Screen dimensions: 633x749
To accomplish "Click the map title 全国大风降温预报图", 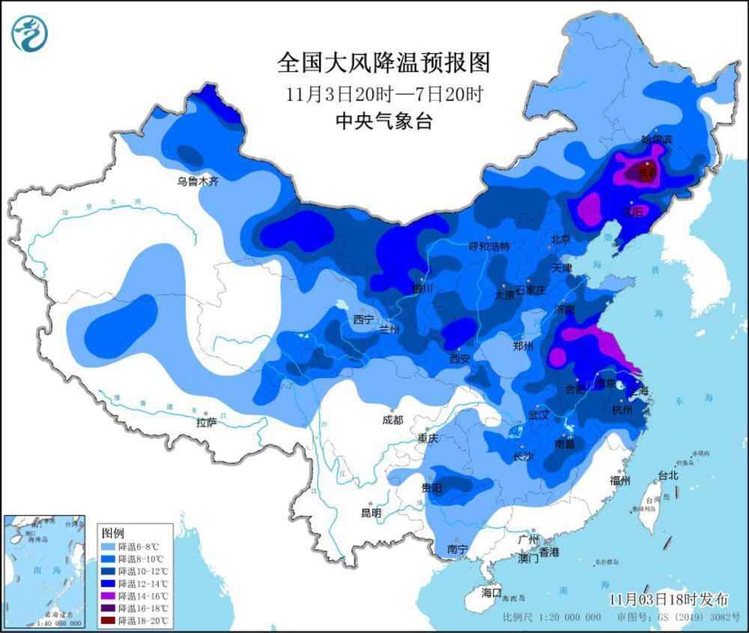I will pos(383,63).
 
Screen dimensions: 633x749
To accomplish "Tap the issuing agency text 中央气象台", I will pos(383,121).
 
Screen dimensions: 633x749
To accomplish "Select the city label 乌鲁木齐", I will pos(198,181).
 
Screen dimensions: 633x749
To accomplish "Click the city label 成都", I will pos(392,421).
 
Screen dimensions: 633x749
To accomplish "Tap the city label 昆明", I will pos(372,513).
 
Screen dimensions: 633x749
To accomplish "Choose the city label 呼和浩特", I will pos(488,246).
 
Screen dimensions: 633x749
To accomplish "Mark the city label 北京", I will pos(560,239).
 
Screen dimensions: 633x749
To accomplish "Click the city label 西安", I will pos(459,359).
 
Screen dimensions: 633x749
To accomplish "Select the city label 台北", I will pos(667,475).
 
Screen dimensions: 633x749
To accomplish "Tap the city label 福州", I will pos(620,480).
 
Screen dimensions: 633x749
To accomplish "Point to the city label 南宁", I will pos(457,549).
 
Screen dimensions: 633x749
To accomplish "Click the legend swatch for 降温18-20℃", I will pos(111,620).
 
